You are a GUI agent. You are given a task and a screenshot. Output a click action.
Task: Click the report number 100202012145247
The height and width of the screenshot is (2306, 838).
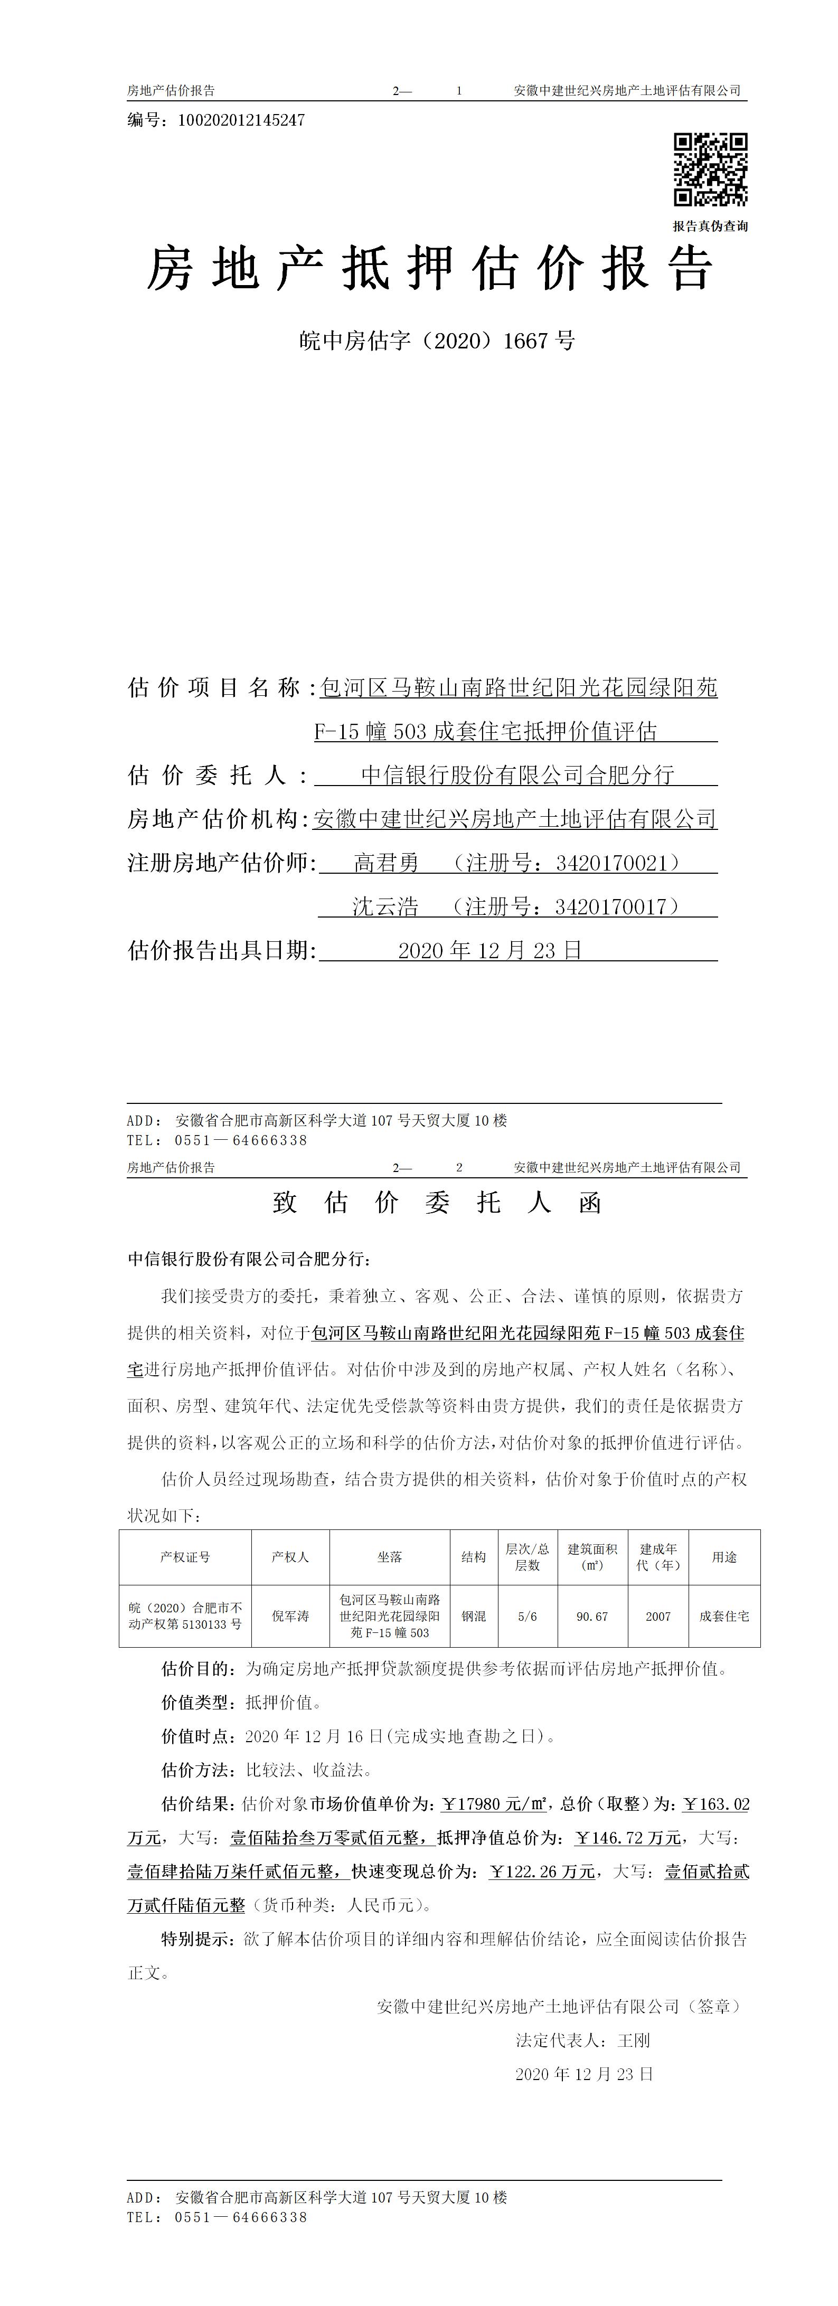click(x=242, y=120)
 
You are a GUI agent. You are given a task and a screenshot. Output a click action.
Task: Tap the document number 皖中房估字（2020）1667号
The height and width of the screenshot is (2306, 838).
click(x=436, y=341)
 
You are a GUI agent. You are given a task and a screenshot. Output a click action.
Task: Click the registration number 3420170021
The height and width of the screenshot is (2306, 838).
click(x=611, y=863)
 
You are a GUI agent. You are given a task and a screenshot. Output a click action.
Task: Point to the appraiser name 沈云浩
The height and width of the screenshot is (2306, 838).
click(x=385, y=907)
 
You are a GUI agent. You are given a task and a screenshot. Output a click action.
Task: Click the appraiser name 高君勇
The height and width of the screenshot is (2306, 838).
click(x=386, y=863)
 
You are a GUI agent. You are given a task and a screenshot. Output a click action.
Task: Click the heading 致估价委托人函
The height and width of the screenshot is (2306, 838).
click(x=436, y=1202)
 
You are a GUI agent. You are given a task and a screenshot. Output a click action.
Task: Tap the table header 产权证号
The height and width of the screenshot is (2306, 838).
click(x=185, y=1557)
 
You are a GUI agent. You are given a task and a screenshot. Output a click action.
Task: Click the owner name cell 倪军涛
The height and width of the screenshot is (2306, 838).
click(x=290, y=1616)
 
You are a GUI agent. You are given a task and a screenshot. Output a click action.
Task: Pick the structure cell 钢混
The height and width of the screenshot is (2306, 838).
click(x=474, y=1616)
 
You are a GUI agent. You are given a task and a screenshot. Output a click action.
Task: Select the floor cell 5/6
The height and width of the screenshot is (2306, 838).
click(x=528, y=1616)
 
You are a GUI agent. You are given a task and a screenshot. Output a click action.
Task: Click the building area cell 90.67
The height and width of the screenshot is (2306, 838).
click(x=592, y=1616)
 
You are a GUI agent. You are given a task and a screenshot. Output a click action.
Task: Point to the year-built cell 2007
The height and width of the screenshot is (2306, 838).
click(x=658, y=1616)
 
